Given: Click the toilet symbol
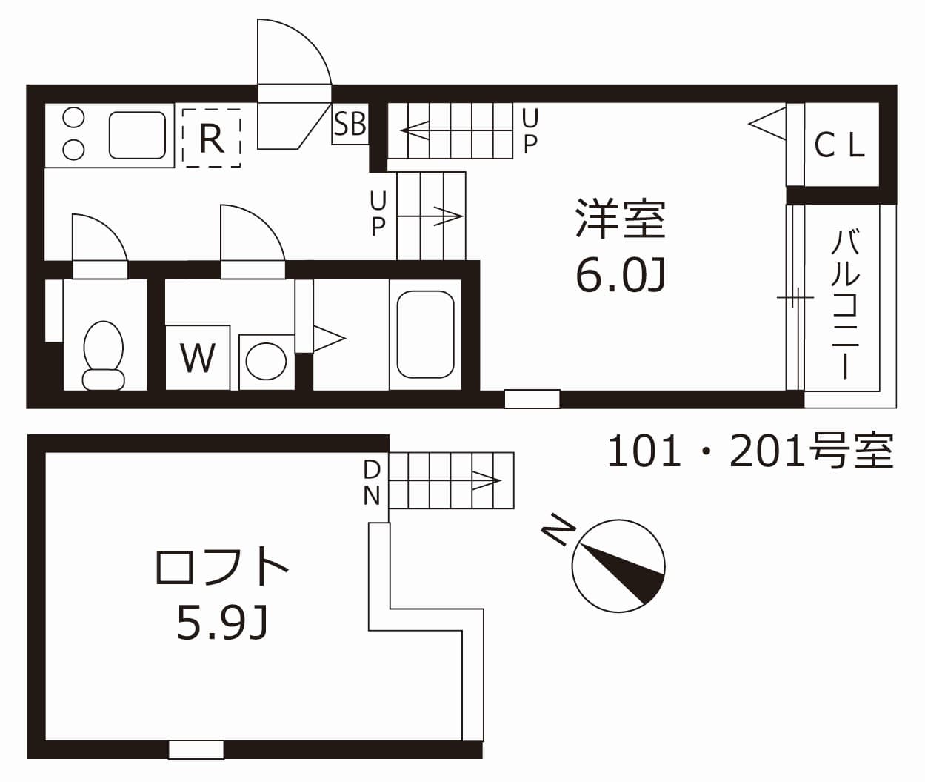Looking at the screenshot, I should pyautogui.click(x=103, y=354).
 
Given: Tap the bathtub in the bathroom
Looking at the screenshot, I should pyautogui.click(x=425, y=334).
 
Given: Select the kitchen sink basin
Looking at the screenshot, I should pyautogui.click(x=137, y=135).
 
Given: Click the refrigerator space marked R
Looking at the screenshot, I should pyautogui.click(x=212, y=137).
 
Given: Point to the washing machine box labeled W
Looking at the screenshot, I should pyautogui.click(x=198, y=357).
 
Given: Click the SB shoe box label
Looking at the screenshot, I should pyautogui.click(x=350, y=125).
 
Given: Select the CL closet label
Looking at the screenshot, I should pyautogui.click(x=839, y=145).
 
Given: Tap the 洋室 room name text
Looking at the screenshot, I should pyautogui.click(x=621, y=219).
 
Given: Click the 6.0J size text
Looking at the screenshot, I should pyautogui.click(x=621, y=276).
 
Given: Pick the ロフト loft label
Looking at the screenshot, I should pyautogui.click(x=222, y=567).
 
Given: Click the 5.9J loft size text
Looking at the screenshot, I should pyautogui.click(x=222, y=623).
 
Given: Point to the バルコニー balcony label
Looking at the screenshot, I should pyautogui.click(x=845, y=304).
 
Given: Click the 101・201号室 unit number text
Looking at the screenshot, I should pyautogui.click(x=750, y=451).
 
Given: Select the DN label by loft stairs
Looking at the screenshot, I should pyautogui.click(x=372, y=482).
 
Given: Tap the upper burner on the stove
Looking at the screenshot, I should pyautogui.click(x=73, y=117).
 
